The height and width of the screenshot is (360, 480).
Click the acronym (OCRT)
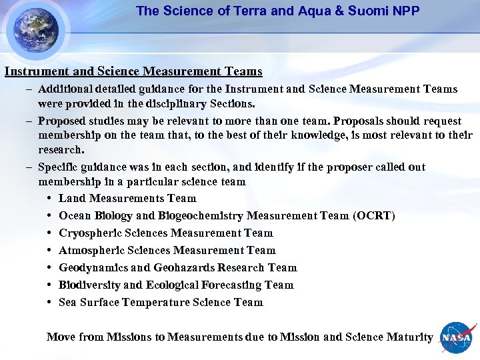click(375, 216)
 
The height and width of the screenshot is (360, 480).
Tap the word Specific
click(59, 167)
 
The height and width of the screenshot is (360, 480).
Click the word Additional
click(65, 89)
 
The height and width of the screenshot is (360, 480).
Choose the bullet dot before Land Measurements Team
click(51, 199)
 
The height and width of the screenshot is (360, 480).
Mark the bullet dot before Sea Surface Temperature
click(51, 303)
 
